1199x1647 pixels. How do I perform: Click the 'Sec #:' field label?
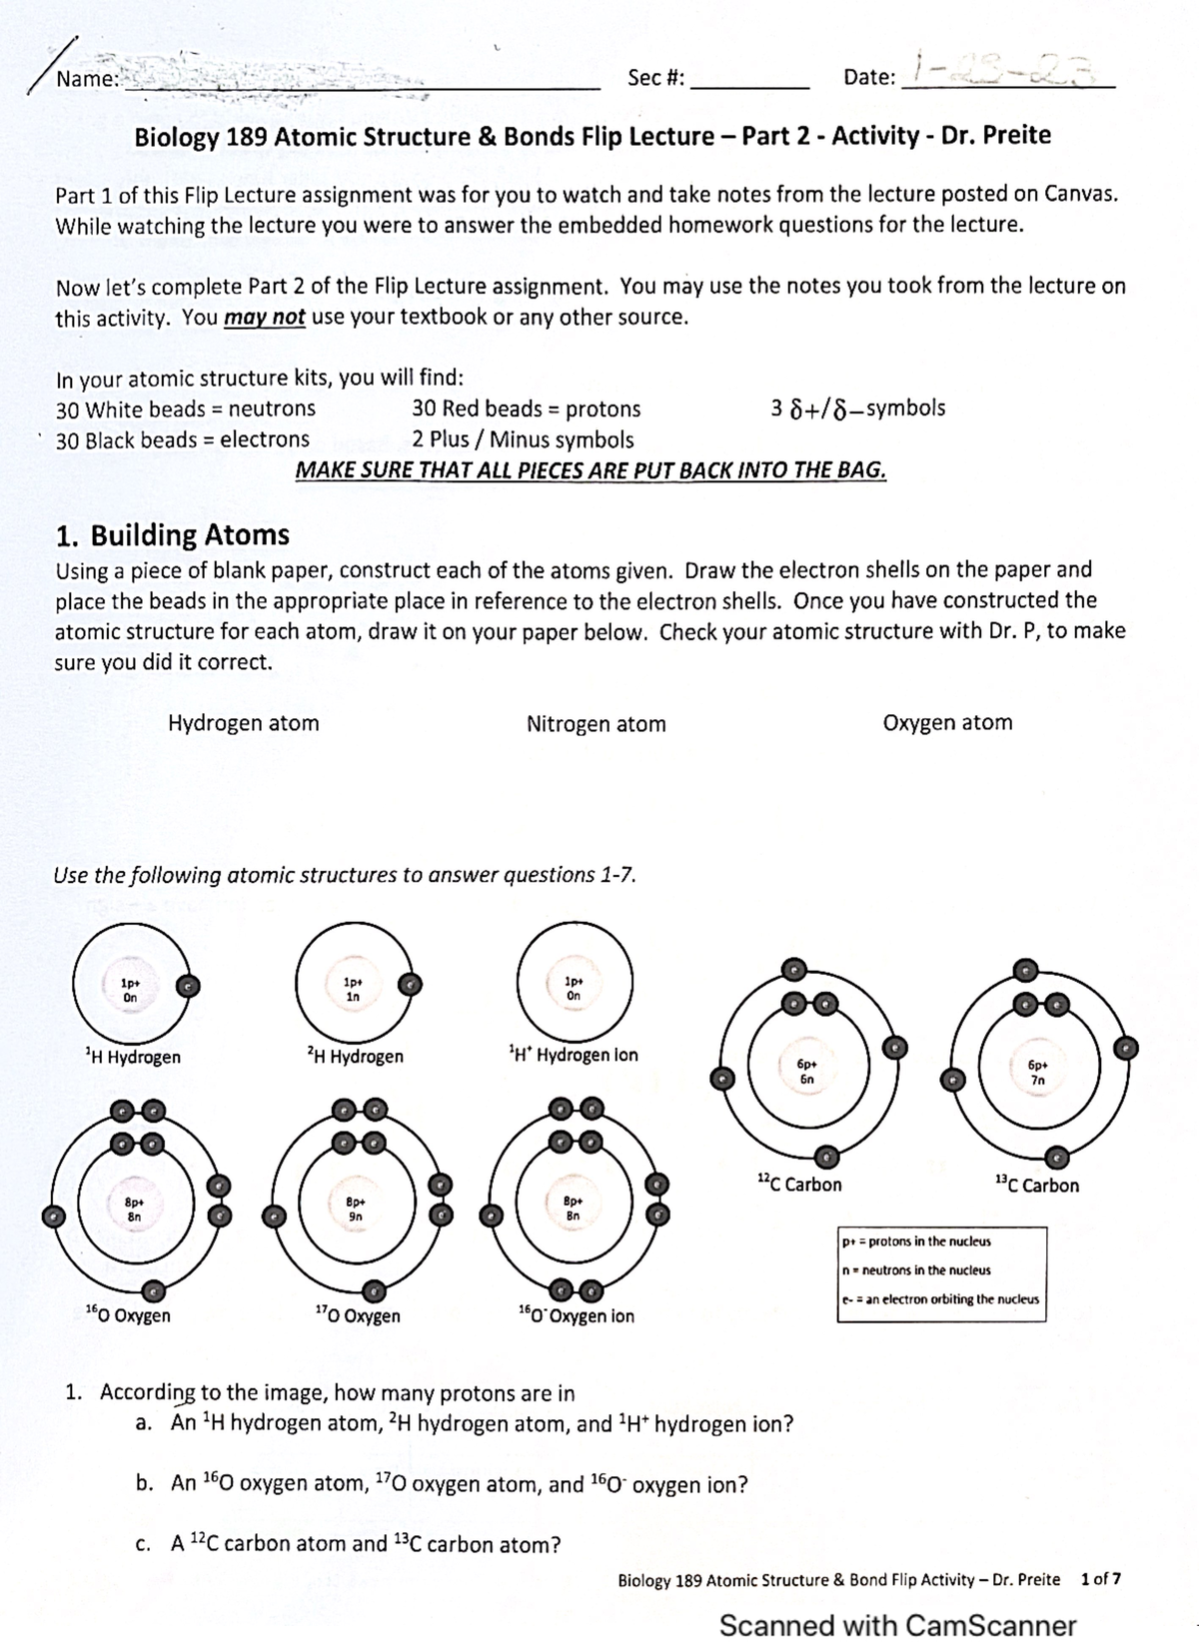(x=655, y=78)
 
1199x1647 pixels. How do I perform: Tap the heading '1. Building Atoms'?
(x=172, y=535)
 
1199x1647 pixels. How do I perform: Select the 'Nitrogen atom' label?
(x=596, y=724)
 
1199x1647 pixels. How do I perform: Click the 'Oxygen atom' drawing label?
(x=947, y=722)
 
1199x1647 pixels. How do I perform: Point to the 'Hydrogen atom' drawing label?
(x=243, y=723)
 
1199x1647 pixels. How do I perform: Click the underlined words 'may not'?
(x=264, y=318)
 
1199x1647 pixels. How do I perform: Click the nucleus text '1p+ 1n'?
(x=352, y=989)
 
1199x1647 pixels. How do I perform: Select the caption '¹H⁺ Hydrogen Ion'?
(x=573, y=1055)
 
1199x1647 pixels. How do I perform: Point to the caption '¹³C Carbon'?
(x=1037, y=1186)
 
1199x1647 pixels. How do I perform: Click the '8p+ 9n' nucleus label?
(x=355, y=1210)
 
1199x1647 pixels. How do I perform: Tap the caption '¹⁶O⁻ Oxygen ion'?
(x=577, y=1315)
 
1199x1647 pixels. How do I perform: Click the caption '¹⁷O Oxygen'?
(x=357, y=1315)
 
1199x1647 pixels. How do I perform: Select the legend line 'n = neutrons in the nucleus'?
(x=917, y=1270)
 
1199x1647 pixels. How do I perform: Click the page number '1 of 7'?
(x=1101, y=1579)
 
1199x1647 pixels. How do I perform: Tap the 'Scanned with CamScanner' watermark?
(x=897, y=1625)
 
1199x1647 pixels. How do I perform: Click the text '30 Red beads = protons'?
(x=526, y=409)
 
